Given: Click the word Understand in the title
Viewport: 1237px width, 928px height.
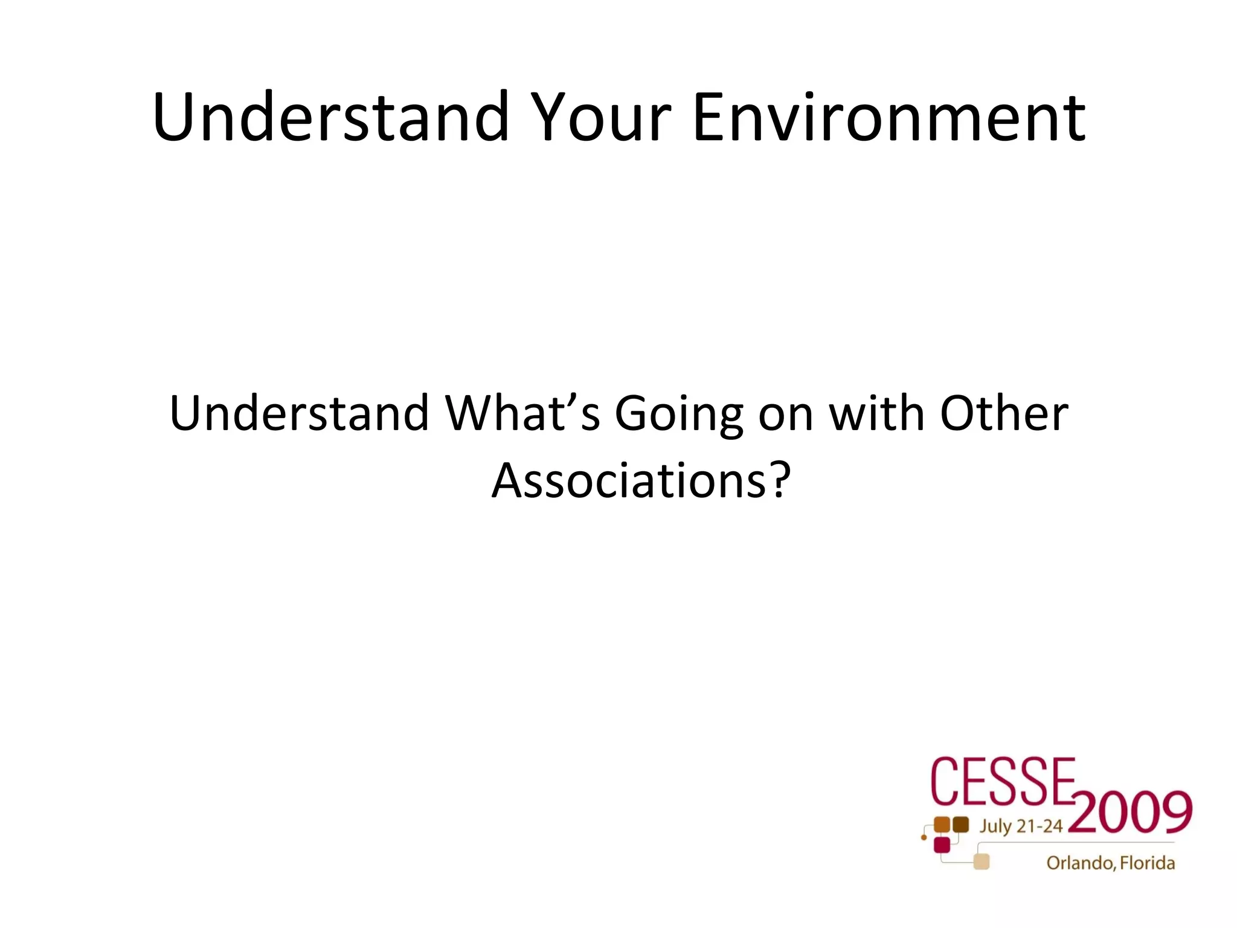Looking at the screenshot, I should click(331, 117).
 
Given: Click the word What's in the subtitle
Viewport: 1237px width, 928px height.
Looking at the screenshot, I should click(522, 413).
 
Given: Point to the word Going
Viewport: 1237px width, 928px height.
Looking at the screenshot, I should click(679, 414).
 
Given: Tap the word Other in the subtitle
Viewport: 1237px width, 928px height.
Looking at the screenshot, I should click(1004, 413).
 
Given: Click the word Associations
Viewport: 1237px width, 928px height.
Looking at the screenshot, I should click(628, 480).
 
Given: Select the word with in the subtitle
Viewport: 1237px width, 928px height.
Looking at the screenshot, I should click(876, 413).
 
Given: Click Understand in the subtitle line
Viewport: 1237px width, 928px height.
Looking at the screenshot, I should click(299, 413).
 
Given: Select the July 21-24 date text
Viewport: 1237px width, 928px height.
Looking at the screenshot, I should click(1021, 826).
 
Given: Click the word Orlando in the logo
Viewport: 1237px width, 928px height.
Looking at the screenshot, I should click(1081, 863).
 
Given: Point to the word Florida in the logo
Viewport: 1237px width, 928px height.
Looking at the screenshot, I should click(1148, 863).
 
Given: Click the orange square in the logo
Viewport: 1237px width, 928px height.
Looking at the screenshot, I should click(942, 825).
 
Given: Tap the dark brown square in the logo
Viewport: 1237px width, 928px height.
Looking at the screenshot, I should click(960, 825).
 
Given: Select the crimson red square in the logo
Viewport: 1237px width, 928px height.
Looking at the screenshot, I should click(942, 845).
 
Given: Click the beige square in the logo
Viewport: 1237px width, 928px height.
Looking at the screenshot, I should click(982, 862).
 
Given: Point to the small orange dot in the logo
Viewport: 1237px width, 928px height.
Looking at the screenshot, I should click(924, 837).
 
